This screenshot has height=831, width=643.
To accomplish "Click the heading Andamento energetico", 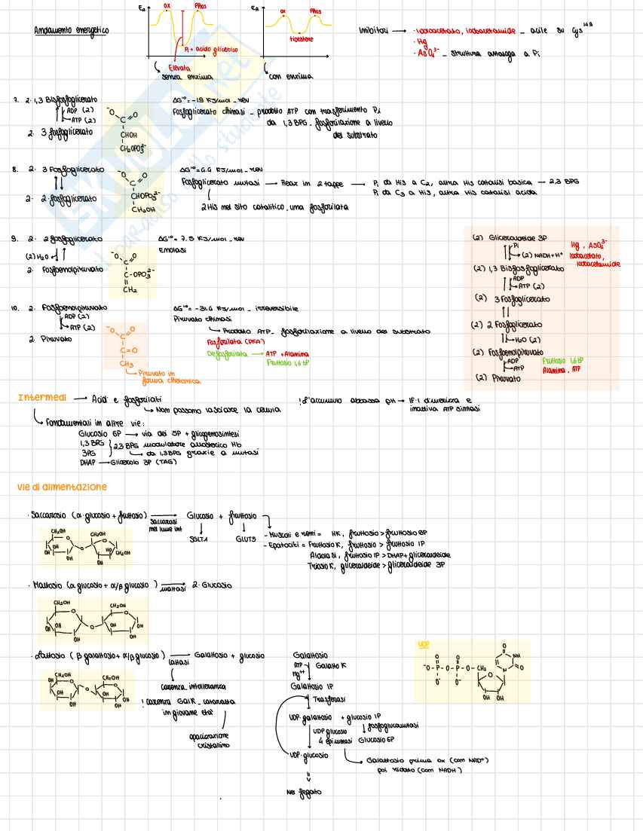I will point(71,31).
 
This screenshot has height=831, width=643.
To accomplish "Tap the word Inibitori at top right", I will point(374,31).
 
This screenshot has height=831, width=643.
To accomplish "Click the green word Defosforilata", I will point(226,353).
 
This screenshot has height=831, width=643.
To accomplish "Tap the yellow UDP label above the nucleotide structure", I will point(423,645).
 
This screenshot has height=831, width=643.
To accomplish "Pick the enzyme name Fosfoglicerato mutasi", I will point(218,183).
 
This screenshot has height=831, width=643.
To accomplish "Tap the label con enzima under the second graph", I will point(291,76).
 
